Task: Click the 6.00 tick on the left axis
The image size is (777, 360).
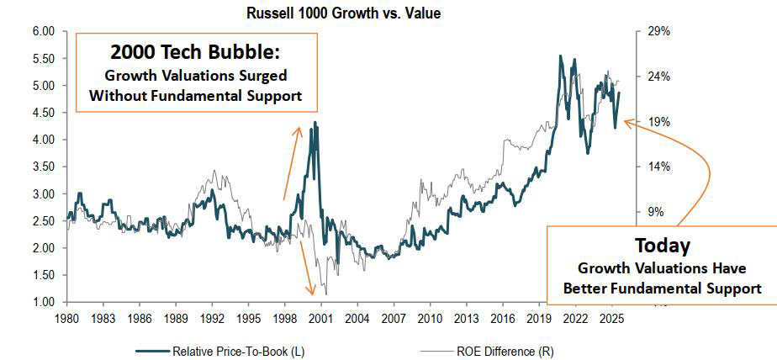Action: point(43,31)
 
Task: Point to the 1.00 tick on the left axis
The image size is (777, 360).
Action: point(43,302)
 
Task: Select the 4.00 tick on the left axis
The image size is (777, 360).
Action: point(43,140)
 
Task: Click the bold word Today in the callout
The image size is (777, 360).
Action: point(662,246)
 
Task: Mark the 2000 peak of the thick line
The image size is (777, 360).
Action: point(315,124)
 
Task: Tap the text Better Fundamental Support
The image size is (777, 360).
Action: point(663,289)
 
